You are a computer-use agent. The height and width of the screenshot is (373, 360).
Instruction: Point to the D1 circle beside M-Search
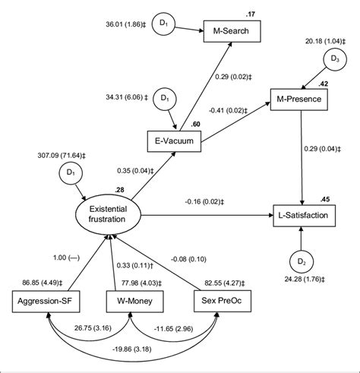pyautogui.click(x=163, y=25)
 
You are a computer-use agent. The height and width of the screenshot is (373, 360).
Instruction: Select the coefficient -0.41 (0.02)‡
pyautogui.click(x=227, y=112)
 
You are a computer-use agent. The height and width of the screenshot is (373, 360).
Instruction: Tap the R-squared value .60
pyautogui.click(x=196, y=125)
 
